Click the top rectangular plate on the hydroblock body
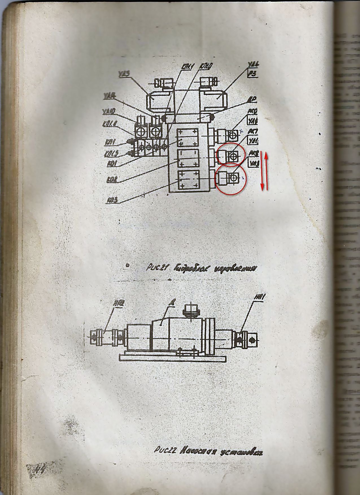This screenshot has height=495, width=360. point(188,137)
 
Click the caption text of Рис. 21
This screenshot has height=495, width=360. point(201,268)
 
